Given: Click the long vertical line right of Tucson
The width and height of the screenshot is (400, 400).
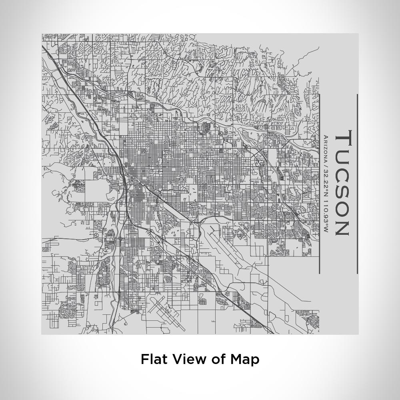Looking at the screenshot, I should pos(357,184).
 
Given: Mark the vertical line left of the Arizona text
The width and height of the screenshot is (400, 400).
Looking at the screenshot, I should pos(320,184).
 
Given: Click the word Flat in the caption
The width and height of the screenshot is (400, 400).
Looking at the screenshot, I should pos(154,359).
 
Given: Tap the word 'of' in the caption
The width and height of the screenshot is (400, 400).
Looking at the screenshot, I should pos(218,359).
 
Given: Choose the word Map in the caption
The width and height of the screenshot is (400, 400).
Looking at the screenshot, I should pos(245,359).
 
